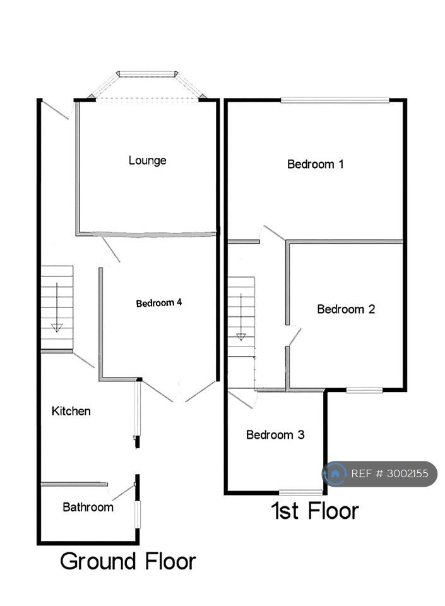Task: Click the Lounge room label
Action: (x=147, y=160)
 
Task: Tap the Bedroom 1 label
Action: (x=315, y=164)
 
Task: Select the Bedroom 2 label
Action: (x=346, y=309)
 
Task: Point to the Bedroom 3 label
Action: (x=275, y=435)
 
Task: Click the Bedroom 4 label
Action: (x=159, y=302)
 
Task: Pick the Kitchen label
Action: (x=71, y=411)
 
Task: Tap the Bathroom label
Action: (x=88, y=507)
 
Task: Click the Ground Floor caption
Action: (x=128, y=561)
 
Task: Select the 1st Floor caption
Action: (x=315, y=511)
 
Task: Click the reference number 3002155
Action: (x=408, y=473)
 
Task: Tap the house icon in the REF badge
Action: (x=335, y=473)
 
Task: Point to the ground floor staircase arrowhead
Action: (x=57, y=328)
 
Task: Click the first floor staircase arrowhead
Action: (x=241, y=336)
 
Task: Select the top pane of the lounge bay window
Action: (x=147, y=73)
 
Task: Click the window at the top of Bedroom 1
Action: (x=335, y=100)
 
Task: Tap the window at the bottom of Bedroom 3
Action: (x=301, y=492)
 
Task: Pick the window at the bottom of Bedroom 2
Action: (x=364, y=390)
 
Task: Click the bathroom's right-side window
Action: (x=137, y=514)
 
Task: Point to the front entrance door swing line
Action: (x=56, y=110)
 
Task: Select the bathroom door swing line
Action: (x=123, y=493)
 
